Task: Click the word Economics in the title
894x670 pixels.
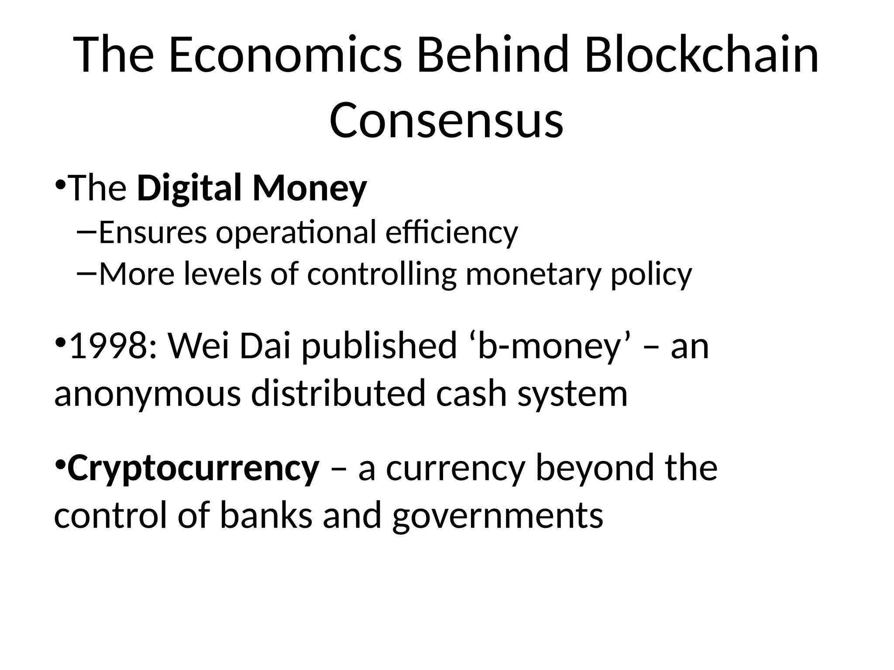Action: [x=285, y=55]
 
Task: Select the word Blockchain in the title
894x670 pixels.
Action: [x=701, y=55]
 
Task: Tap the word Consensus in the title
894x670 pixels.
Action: [x=446, y=120]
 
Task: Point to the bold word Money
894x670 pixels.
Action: [x=309, y=188]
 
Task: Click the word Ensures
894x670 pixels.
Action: [x=153, y=232]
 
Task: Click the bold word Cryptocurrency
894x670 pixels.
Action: [x=193, y=468]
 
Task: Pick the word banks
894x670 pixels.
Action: [x=266, y=515]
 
